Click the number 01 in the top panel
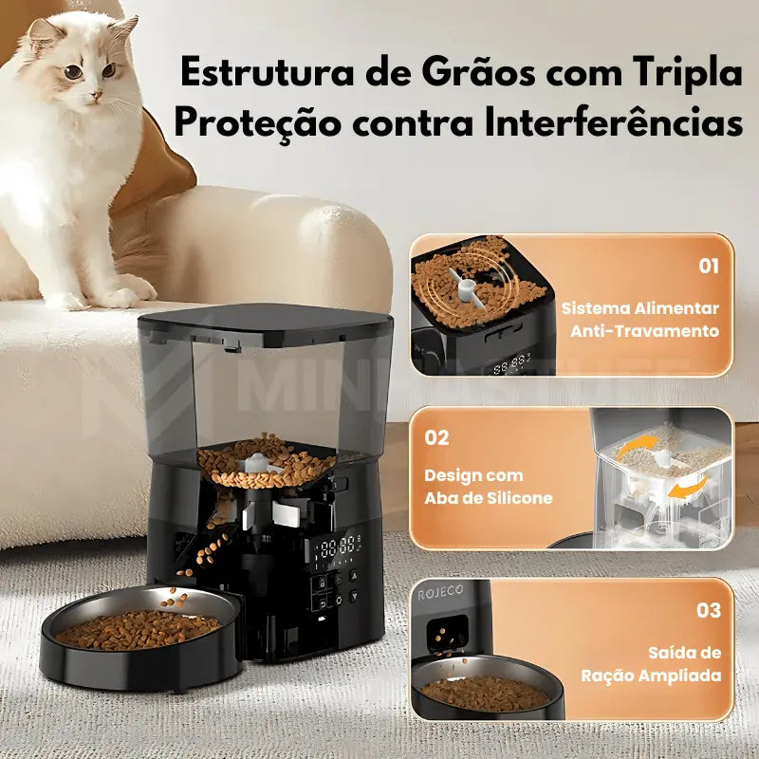pos(709,266)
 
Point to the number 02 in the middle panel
pos(436,438)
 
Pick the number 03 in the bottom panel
pos(709,610)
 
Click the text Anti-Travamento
pos(644,331)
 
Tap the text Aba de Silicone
pos(489,498)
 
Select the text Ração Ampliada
pos(651,676)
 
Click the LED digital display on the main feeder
pos(339,546)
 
